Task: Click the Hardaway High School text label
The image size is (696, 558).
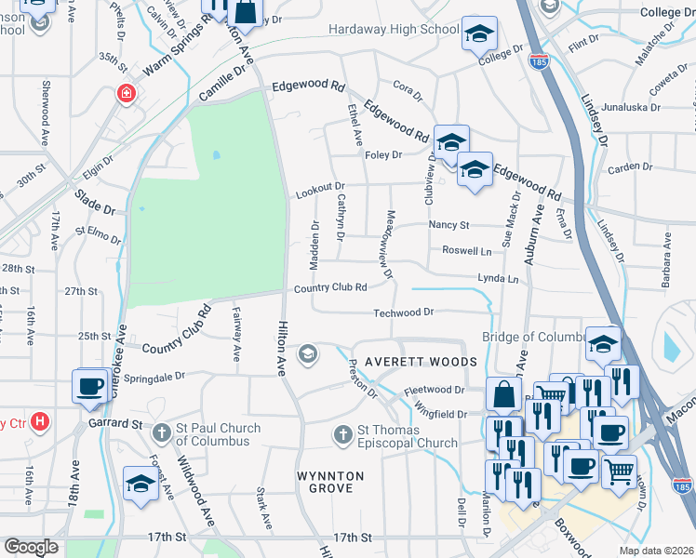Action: click(x=394, y=30)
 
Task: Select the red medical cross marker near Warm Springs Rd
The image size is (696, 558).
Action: click(x=125, y=93)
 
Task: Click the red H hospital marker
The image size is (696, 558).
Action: click(x=39, y=423)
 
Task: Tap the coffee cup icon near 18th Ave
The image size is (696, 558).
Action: click(x=91, y=386)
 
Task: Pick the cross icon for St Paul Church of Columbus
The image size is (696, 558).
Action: click(x=162, y=432)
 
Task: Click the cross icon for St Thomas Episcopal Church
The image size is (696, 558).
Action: click(x=343, y=434)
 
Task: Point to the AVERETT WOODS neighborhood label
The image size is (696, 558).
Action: click(x=421, y=361)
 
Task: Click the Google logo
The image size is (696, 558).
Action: click(x=31, y=547)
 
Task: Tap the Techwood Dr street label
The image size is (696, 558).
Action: click(x=404, y=312)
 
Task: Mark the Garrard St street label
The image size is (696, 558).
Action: click(x=115, y=424)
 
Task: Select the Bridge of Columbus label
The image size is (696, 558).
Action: click(x=532, y=337)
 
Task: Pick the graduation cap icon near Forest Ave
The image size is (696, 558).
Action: click(x=141, y=484)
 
